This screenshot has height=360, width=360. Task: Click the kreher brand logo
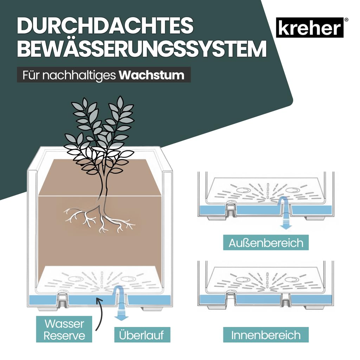point(309,27)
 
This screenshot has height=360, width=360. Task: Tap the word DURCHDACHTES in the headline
point(105,25)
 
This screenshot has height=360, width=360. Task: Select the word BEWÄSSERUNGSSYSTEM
point(142,49)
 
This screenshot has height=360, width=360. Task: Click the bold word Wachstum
point(152,75)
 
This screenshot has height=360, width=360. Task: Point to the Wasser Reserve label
point(64,329)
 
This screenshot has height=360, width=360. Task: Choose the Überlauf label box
point(142,335)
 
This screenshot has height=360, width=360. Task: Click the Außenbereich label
point(266,243)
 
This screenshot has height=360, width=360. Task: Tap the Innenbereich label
point(266,335)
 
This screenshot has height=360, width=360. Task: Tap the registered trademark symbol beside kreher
point(346,20)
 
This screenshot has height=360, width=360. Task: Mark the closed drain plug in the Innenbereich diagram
point(285,303)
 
